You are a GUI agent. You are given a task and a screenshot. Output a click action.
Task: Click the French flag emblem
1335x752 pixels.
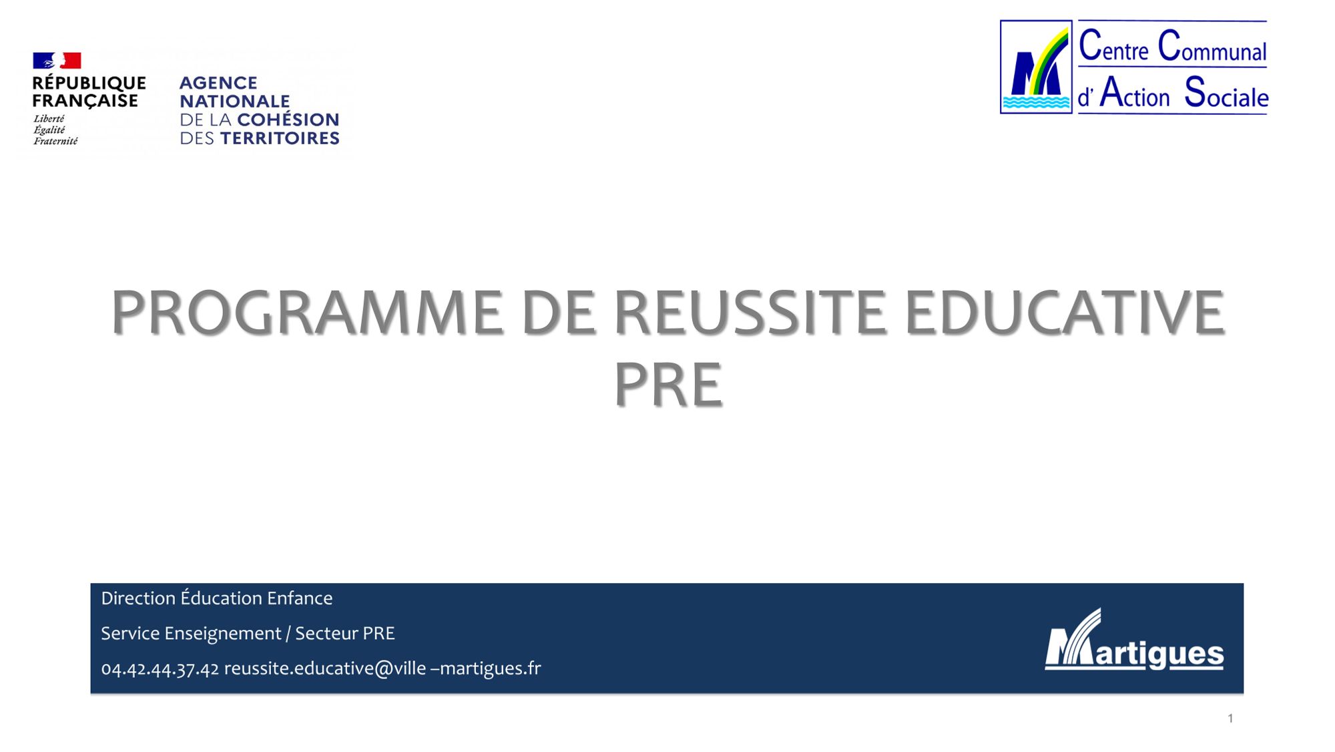coord(57,61)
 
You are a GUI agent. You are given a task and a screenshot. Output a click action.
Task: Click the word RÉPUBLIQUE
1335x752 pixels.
coord(89,83)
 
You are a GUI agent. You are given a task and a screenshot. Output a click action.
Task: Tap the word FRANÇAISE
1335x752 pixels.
coord(85,101)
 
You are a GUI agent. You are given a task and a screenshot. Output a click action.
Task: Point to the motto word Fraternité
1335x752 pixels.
coord(55,141)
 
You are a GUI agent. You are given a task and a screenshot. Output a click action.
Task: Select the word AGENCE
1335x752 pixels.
coord(218,83)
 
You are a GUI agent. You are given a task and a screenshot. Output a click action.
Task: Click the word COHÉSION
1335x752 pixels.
coord(288,120)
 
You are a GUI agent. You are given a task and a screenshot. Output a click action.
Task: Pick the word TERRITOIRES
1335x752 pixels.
coord(280,138)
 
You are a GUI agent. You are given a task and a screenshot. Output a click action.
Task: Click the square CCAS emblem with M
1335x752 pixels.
coord(1036,67)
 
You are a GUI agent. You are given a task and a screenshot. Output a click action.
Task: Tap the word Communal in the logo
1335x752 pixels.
coord(1212,46)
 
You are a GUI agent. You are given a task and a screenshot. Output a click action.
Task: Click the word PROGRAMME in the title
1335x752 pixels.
coord(307,312)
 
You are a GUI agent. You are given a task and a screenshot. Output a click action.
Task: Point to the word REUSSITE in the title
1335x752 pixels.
coord(750,312)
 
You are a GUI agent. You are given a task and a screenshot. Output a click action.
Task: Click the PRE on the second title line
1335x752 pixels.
coord(667,384)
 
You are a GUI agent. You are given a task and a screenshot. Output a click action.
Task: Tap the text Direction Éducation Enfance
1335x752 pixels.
coord(217,598)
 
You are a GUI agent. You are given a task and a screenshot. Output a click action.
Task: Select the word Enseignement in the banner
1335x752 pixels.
coord(223,633)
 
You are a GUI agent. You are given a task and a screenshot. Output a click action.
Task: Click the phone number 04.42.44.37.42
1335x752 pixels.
coord(160,669)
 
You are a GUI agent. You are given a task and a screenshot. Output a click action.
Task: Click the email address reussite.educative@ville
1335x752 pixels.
coord(325,668)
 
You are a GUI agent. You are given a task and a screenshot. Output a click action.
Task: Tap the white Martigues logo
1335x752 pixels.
coord(1134,639)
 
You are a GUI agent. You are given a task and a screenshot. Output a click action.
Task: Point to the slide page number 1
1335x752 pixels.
coord(1230,719)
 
